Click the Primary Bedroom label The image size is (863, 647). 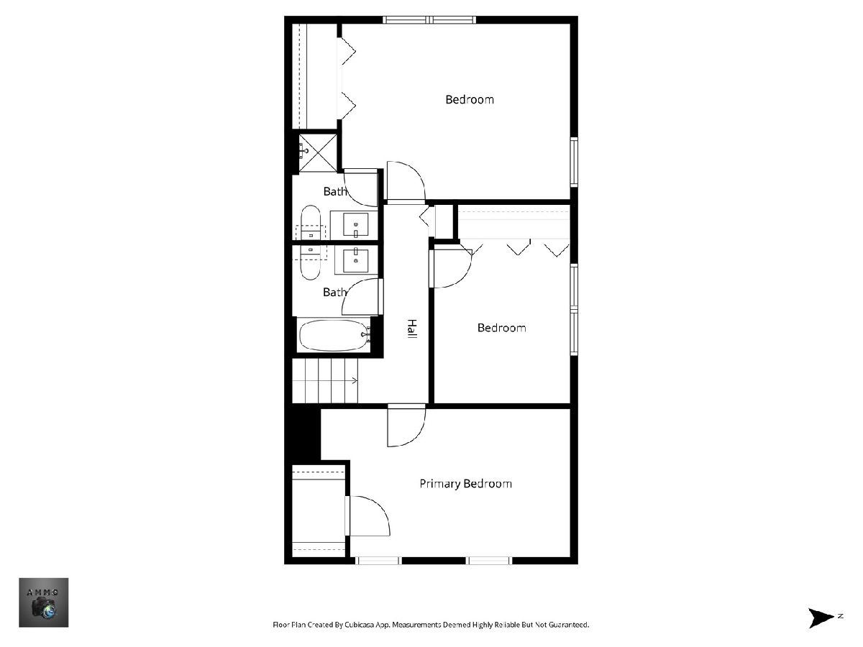click(465, 484)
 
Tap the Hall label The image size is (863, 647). click(411, 329)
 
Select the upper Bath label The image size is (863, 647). click(335, 191)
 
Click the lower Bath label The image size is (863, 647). click(334, 293)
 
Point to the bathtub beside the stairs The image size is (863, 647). click(335, 336)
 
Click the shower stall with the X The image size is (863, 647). click(318, 153)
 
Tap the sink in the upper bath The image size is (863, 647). click(356, 226)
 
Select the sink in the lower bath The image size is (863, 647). click(355, 260)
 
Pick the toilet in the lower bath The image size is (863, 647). click(311, 262)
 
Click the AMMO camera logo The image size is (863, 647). click(44, 602)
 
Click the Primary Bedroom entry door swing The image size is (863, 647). click(406, 427)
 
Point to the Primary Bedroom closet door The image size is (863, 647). click(369, 515)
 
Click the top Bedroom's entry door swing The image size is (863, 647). click(406, 180)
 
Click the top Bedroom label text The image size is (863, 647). click(470, 100)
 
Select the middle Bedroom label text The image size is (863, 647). click(502, 328)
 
